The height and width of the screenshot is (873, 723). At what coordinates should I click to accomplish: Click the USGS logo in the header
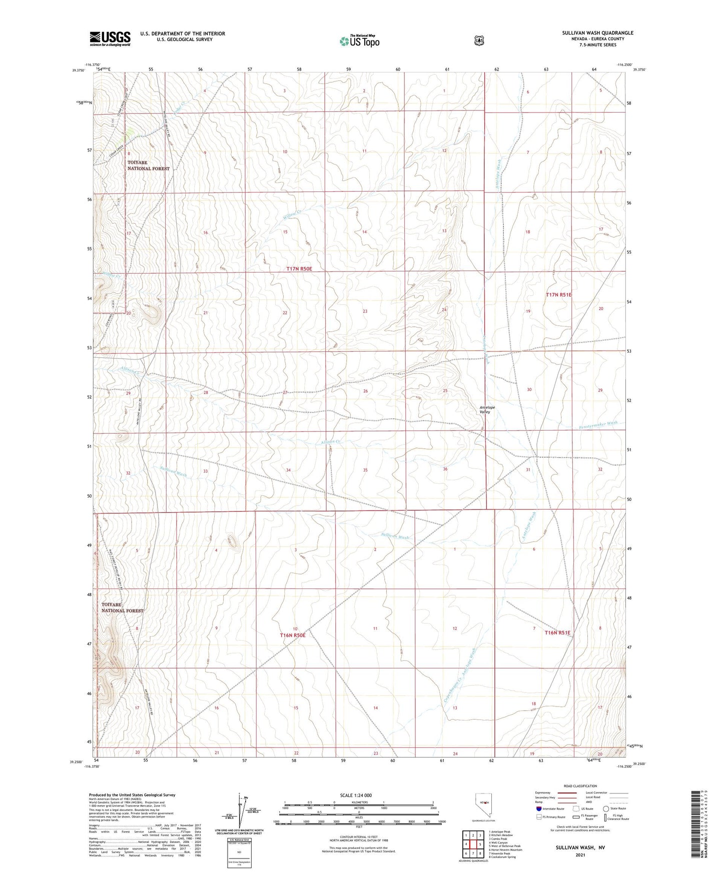coord(110,38)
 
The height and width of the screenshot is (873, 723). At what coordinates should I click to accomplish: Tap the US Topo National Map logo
coord(359,41)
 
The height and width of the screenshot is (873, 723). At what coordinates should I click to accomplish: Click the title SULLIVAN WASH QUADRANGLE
coord(597,33)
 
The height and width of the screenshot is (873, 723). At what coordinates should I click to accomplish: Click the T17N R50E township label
coord(299,269)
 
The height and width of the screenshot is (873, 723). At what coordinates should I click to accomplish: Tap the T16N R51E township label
coord(557,632)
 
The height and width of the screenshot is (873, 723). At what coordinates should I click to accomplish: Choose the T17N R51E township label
coord(558,295)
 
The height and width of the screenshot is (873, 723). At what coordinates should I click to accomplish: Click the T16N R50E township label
coord(292,635)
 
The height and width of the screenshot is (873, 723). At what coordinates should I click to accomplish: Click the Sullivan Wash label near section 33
coord(173,471)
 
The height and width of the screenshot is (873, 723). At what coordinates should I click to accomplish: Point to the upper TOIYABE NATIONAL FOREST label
coord(148,165)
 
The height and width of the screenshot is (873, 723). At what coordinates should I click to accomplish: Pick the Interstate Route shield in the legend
coord(538,808)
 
